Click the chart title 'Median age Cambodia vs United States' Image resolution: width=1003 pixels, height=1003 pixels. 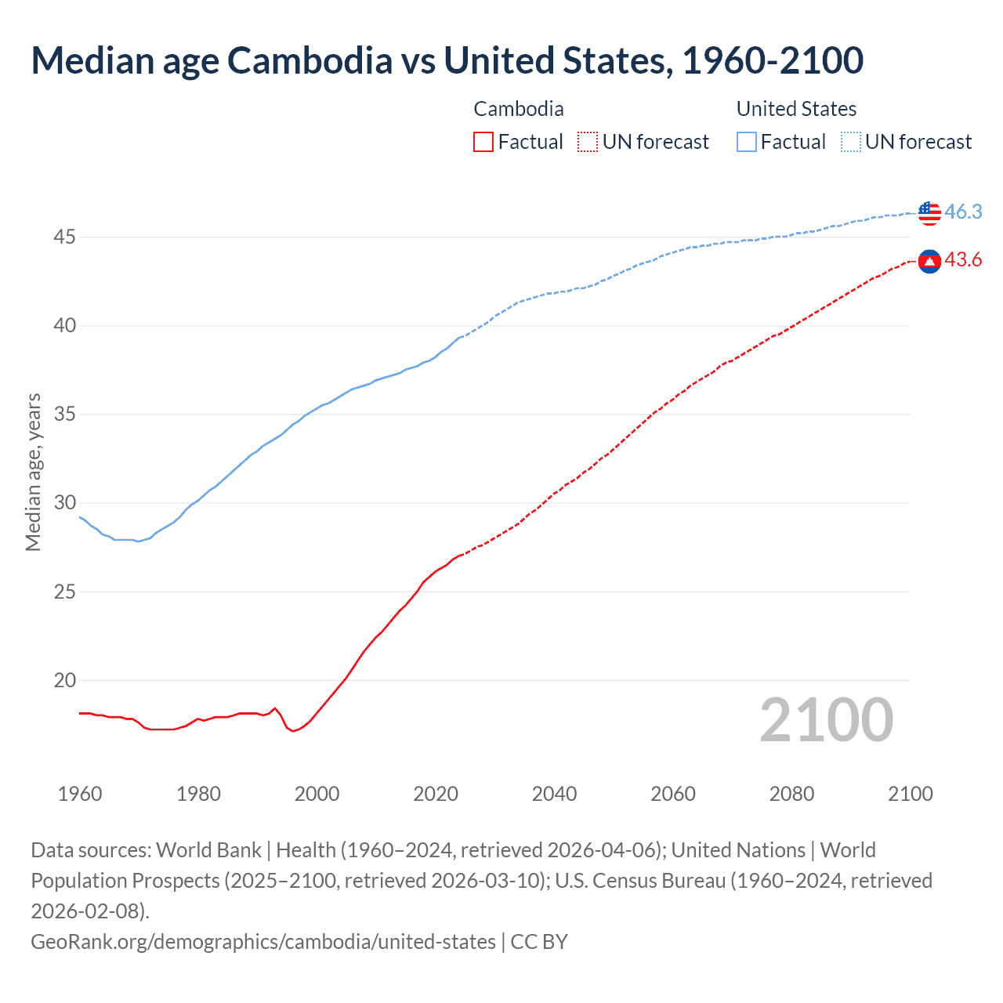click(x=447, y=60)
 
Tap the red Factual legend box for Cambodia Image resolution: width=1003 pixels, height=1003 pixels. click(x=483, y=142)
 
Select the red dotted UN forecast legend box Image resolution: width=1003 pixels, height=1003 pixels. click(x=587, y=142)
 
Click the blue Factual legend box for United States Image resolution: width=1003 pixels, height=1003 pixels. click(x=747, y=142)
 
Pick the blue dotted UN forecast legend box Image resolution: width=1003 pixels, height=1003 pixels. click(x=850, y=142)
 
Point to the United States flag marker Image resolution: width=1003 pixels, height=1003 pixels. click(x=929, y=212)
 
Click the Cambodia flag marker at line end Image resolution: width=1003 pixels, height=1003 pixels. click(x=929, y=261)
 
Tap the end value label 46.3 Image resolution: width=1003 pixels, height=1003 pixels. click(x=963, y=212)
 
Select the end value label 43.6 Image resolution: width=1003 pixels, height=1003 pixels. click(x=963, y=260)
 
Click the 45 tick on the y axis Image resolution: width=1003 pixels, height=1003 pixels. click(x=64, y=237)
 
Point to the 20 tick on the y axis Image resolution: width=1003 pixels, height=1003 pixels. click(x=64, y=680)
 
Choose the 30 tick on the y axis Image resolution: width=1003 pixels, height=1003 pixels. click(x=64, y=503)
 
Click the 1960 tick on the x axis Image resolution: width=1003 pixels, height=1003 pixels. click(x=80, y=794)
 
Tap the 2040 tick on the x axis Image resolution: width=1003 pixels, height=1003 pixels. click(x=554, y=794)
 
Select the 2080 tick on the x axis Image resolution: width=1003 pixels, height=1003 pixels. click(x=791, y=794)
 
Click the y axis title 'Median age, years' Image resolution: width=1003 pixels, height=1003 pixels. click(x=33, y=473)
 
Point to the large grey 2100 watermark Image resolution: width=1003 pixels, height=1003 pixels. click(x=826, y=720)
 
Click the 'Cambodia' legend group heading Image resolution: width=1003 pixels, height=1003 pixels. click(x=519, y=109)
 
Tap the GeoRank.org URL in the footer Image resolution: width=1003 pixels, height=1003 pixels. click(x=263, y=941)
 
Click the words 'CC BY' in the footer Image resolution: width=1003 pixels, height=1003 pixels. click(x=539, y=941)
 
